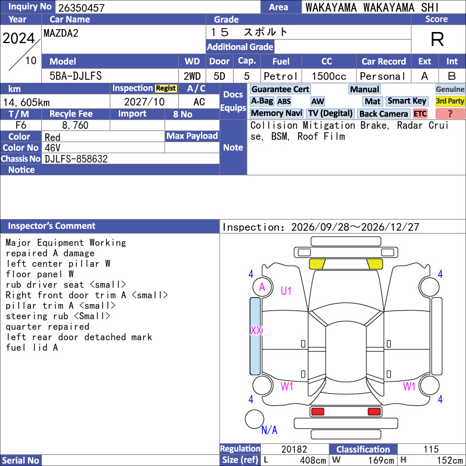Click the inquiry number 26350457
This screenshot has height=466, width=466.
click(82, 8)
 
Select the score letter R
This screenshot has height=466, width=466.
click(437, 39)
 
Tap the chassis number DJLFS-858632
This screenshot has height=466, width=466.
click(76, 159)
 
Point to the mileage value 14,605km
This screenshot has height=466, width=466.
click(26, 103)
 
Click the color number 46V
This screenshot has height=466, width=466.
click(52, 148)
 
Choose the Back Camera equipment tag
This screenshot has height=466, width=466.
click(383, 114)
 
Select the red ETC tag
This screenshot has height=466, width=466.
click(420, 114)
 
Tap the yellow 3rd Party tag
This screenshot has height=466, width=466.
click(450, 101)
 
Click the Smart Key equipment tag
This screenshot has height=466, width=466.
click(407, 101)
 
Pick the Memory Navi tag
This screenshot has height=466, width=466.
click(276, 114)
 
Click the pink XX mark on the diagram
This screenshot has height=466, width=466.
click(256, 330)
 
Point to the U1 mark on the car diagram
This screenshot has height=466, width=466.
click(286, 291)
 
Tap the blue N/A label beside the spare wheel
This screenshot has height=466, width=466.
click(269, 430)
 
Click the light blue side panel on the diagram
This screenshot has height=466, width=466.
click(255, 336)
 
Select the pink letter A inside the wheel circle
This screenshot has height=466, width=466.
click(262, 287)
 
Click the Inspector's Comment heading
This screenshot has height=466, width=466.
click(52, 226)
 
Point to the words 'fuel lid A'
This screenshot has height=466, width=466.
click(32, 347)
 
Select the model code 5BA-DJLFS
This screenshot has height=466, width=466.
click(76, 76)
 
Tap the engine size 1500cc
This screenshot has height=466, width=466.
click(329, 76)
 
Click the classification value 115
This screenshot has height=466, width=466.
click(431, 449)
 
